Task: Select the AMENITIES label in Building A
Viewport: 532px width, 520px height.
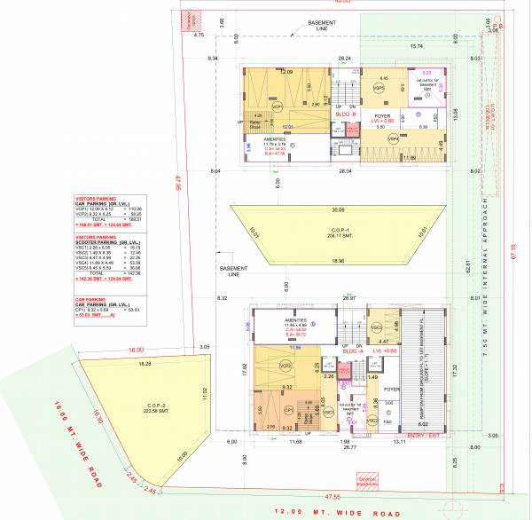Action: tap(294, 323)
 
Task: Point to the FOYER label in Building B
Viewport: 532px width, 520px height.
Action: tap(383, 116)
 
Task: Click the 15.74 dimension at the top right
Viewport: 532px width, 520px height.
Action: tap(416, 46)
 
